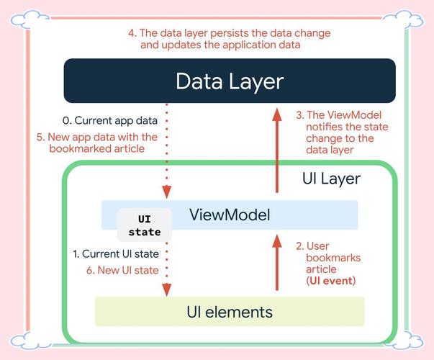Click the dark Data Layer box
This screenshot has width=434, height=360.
coord(229,81)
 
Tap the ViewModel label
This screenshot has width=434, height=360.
coord(229,214)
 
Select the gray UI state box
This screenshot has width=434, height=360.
coord(145,225)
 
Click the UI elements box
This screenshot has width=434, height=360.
coord(230,312)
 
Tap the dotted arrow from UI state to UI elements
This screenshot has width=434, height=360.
coord(167,266)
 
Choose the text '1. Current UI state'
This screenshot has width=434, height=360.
coord(115,253)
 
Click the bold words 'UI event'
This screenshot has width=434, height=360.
coord(331,280)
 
